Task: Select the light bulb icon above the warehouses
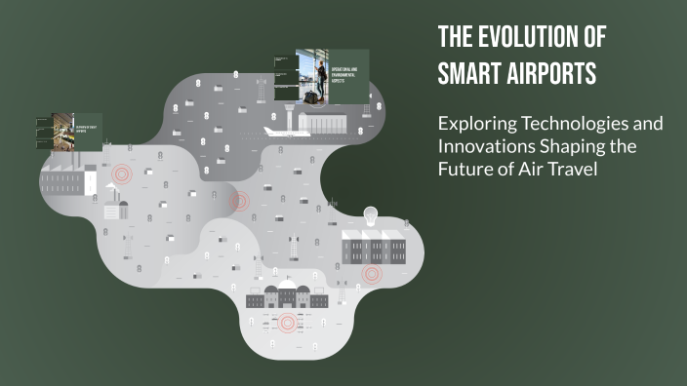[371, 215]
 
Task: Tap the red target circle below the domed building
[286, 323]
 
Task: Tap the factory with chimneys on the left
[68, 179]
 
